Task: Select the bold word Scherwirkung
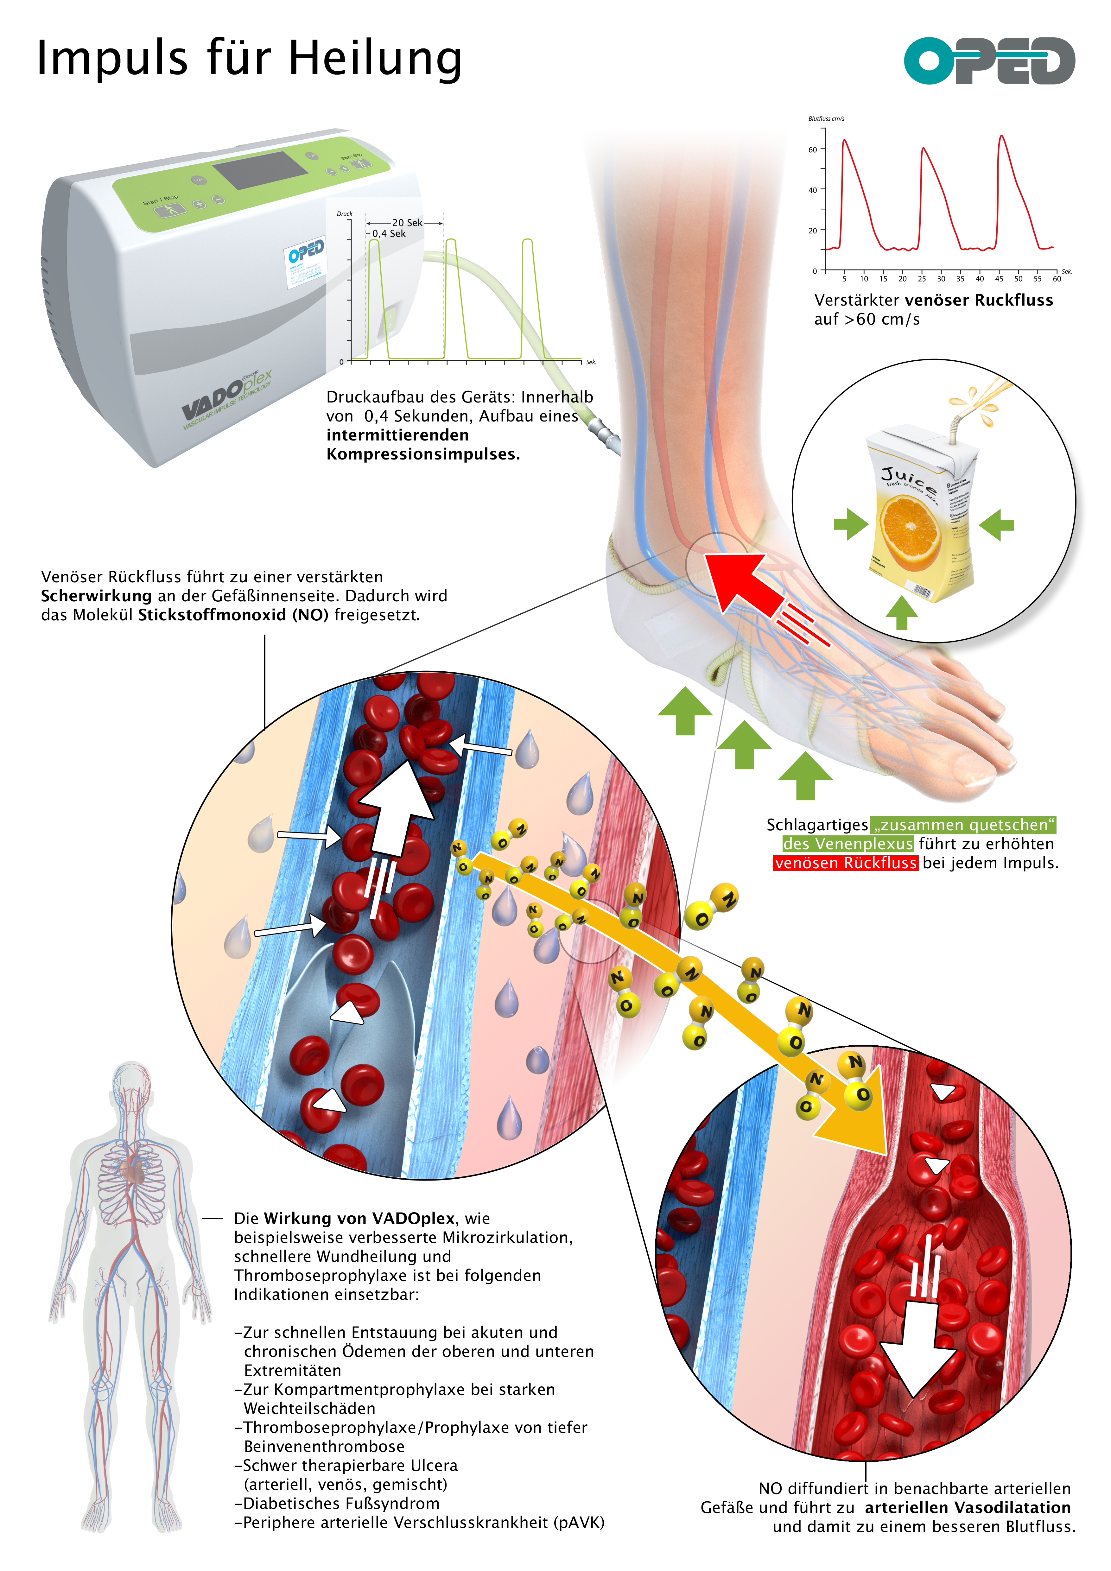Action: click(96, 596)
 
